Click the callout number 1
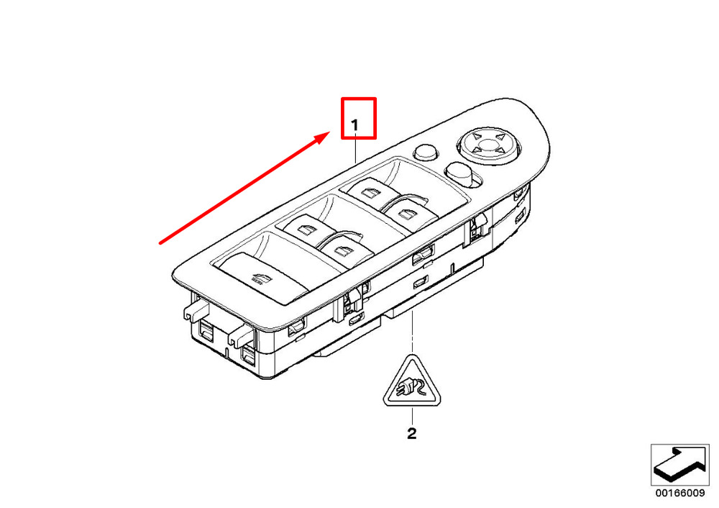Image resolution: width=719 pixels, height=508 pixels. click(354, 126)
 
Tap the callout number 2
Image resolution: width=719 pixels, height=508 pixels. click(411, 434)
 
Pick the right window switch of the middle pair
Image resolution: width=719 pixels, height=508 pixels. click(343, 249)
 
